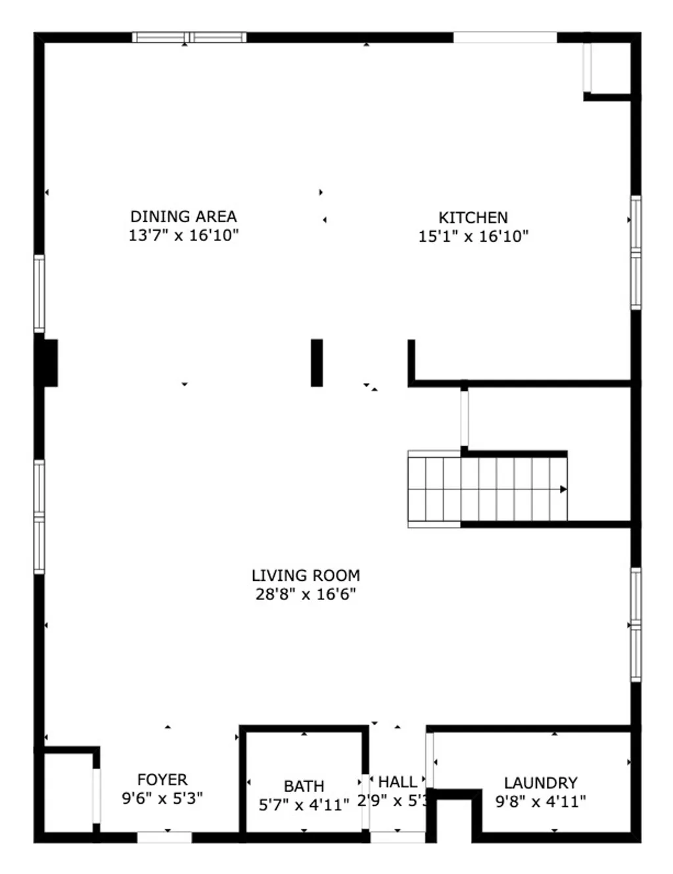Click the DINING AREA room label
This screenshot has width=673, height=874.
point(183,216)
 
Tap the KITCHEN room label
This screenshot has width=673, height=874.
point(473,218)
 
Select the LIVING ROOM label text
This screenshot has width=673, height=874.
point(306,576)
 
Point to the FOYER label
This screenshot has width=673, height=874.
point(162,780)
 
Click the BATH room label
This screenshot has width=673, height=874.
point(304,786)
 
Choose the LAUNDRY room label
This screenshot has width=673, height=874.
point(540,783)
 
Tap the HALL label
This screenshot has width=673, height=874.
point(398,782)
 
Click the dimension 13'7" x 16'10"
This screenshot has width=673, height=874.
point(183,235)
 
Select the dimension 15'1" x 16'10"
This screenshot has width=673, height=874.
point(473,237)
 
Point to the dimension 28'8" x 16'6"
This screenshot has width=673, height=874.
point(306,595)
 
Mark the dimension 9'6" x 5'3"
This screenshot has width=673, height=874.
point(162,798)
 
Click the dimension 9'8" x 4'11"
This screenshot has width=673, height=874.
point(540,802)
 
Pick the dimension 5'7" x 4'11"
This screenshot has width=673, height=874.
point(304,804)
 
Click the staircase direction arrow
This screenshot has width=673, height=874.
point(563,489)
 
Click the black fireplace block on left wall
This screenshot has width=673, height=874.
point(49,363)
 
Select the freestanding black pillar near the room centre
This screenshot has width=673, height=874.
point(317,363)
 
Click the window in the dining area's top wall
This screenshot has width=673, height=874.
point(189,37)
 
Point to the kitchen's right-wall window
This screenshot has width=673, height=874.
point(636,253)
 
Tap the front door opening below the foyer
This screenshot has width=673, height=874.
point(164,837)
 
